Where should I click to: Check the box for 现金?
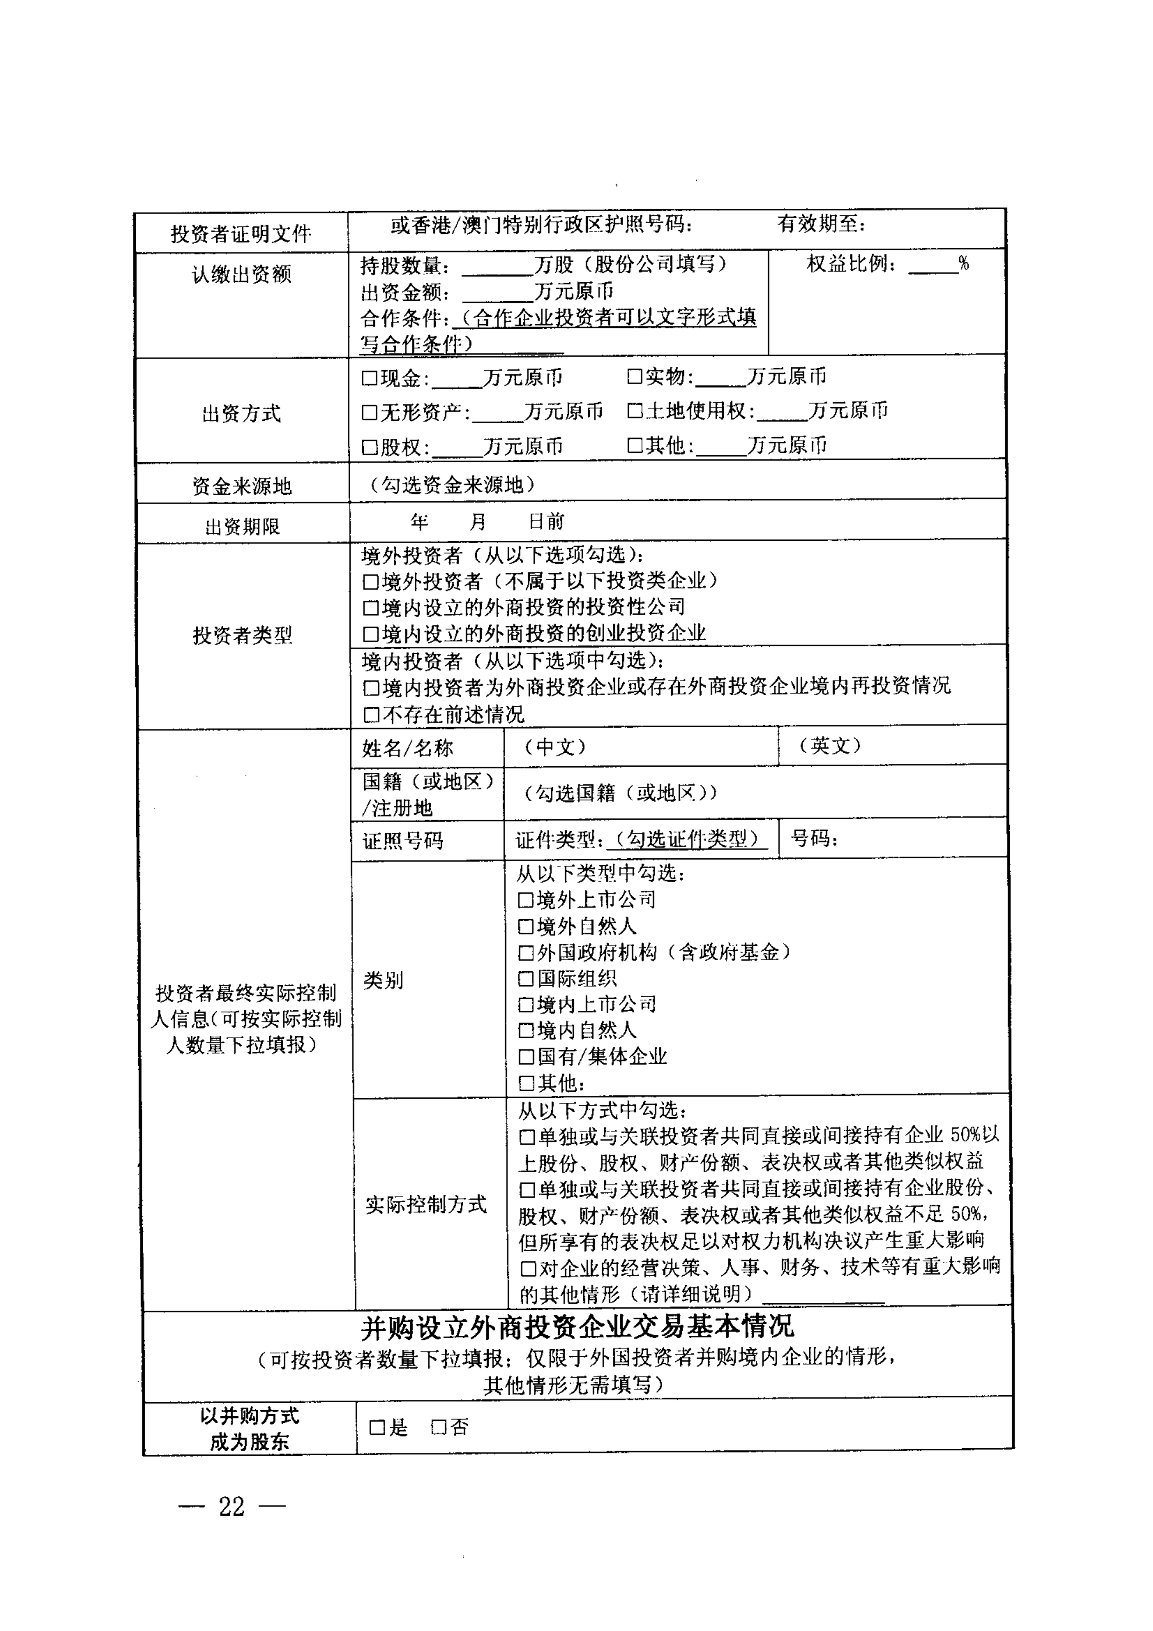pos(369,378)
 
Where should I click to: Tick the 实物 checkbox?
pos(634,377)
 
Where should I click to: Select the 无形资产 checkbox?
pos(369,412)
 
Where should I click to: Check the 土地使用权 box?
pos(634,411)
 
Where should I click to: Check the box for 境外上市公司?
pos(526,901)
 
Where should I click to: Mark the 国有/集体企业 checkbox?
pos(526,1057)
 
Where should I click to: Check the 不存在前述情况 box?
pos(370,714)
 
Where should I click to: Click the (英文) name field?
pos(892,746)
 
